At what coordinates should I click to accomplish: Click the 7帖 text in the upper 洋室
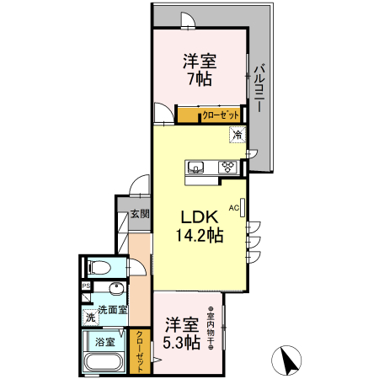(199, 78)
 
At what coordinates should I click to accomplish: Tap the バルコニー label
(259, 87)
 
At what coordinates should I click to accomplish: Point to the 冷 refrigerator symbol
(238, 134)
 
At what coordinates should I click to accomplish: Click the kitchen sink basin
(195, 165)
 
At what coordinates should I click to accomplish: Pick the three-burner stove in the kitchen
(228, 166)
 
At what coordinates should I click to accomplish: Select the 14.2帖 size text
(199, 236)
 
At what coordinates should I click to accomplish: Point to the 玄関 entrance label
(139, 215)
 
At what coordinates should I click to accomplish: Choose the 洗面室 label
(111, 310)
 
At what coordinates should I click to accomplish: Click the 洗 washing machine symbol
(88, 318)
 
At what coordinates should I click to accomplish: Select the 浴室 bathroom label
(104, 344)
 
